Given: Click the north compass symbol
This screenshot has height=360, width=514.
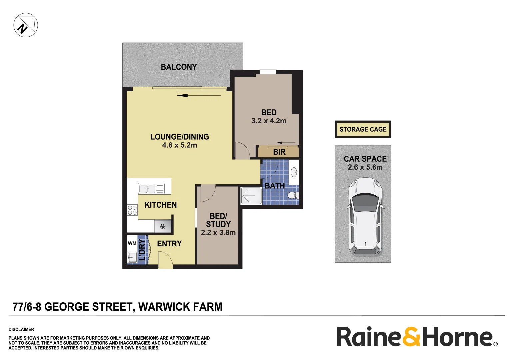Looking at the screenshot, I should click(x=26, y=25).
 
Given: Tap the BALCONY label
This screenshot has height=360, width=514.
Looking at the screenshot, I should click(x=179, y=67).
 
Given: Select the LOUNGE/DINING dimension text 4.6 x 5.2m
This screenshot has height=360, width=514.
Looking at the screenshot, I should click(x=179, y=145).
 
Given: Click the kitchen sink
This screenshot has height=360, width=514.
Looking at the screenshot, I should click(x=147, y=189).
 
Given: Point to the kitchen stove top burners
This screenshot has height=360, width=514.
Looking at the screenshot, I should click(x=132, y=210).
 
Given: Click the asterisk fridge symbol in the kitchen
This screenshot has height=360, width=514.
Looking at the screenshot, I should click(x=163, y=227).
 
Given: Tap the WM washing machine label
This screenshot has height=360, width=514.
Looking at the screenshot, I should click(x=132, y=243).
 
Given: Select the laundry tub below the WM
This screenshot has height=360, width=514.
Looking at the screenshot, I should click(x=132, y=257).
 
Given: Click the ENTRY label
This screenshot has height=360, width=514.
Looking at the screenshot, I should click(x=169, y=244).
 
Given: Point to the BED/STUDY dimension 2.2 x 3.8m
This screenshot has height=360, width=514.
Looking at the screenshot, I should click(x=218, y=233).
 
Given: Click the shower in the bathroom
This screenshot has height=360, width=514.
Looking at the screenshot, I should click(x=251, y=196).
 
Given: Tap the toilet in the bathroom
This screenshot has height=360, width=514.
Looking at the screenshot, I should click(x=293, y=195).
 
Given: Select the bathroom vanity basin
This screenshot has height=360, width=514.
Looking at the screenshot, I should click(x=294, y=172).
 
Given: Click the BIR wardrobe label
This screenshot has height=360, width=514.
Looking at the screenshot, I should click(x=279, y=152).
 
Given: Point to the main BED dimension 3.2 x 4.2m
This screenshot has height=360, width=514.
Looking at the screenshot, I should click(x=269, y=121).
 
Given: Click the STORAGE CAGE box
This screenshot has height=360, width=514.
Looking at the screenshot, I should click(x=363, y=129).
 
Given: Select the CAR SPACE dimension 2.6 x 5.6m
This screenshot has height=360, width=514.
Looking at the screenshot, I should click(x=365, y=167).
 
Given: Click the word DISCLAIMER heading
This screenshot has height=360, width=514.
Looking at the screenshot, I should click(x=21, y=329).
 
